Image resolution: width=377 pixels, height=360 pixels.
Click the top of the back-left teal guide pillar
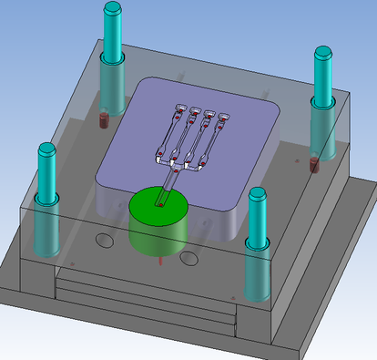pos(113,9)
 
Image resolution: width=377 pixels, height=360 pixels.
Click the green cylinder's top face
pos(157,206)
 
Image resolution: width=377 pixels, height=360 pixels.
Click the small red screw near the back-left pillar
pos(103,118)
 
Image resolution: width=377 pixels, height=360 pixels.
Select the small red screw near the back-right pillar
pos(313,165)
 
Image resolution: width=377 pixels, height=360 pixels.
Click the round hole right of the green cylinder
pos(189,259)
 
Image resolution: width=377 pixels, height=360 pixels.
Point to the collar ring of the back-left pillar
pos(113,60)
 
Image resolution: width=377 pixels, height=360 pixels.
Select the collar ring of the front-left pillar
pos(46,197)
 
